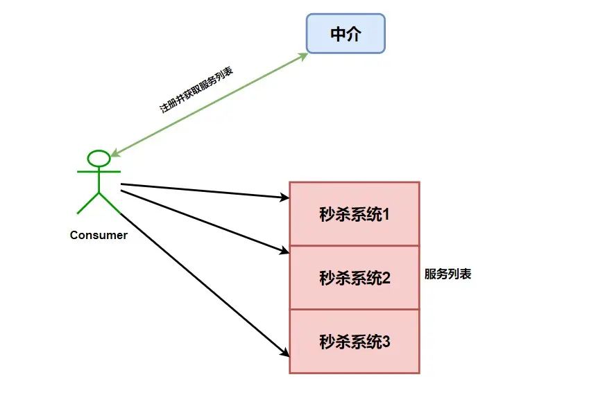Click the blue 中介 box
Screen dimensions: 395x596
coord(346,33)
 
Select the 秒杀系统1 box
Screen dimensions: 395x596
coord(354,213)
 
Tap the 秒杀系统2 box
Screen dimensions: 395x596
coord(354,277)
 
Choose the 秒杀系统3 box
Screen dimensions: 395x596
coord(354,341)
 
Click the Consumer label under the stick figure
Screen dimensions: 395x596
coord(99,235)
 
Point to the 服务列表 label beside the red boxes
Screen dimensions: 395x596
coord(448,274)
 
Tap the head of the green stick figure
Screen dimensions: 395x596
coord(99,158)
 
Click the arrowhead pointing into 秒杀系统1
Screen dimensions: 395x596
coord(284,198)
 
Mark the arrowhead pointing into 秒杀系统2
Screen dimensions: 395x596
coord(284,251)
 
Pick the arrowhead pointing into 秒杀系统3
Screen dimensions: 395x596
coord(284,353)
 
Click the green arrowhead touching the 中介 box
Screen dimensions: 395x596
coord(304,55)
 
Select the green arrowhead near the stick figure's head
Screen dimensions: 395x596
coord(114,153)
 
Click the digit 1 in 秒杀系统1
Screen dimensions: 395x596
coord(386,213)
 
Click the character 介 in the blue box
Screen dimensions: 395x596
coord(355,33)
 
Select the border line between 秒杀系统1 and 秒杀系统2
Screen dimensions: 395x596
coord(354,245)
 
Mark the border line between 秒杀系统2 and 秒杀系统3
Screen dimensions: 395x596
coord(354,309)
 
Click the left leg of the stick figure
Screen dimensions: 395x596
coord(87,202)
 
